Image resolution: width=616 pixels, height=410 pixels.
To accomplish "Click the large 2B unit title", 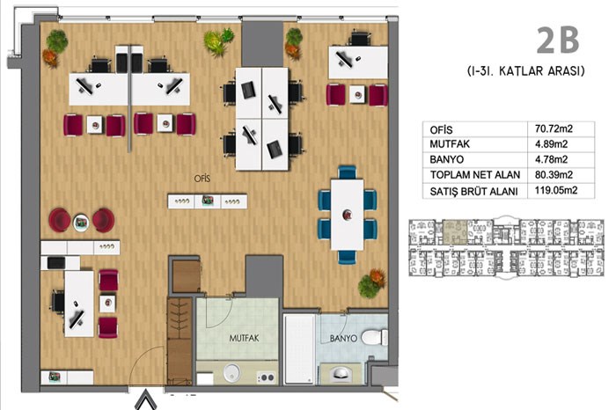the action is (x=558, y=40).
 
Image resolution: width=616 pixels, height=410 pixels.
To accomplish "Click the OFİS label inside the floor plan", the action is (x=202, y=179).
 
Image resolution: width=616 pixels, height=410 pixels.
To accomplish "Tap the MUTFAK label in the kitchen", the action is (x=244, y=338).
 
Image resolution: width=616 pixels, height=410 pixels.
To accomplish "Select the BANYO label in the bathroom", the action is (x=343, y=338).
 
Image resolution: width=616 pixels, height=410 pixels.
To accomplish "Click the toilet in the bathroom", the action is (x=374, y=337).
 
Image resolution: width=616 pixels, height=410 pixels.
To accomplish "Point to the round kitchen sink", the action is (x=231, y=372).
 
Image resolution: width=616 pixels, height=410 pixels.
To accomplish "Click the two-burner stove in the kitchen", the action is (x=267, y=377).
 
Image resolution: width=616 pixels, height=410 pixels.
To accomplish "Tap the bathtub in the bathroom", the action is (x=299, y=348).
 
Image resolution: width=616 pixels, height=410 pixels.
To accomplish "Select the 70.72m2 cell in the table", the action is (x=554, y=128).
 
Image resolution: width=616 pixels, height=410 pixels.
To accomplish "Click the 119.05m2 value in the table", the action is (x=556, y=190).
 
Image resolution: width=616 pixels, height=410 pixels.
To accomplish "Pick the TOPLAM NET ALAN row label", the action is (x=475, y=175).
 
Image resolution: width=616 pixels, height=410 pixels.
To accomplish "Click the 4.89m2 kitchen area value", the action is (x=551, y=144).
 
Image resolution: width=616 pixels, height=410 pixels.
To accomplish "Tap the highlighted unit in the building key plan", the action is (x=455, y=232).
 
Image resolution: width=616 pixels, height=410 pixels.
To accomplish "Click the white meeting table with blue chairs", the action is (x=348, y=215).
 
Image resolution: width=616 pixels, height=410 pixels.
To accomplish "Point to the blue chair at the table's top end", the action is (x=348, y=172).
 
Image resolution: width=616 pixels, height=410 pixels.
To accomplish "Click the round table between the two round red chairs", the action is (x=81, y=222).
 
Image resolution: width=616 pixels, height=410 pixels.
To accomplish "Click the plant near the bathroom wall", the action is (x=371, y=282).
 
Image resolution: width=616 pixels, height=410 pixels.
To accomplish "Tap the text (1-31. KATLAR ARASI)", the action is (x=525, y=71).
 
